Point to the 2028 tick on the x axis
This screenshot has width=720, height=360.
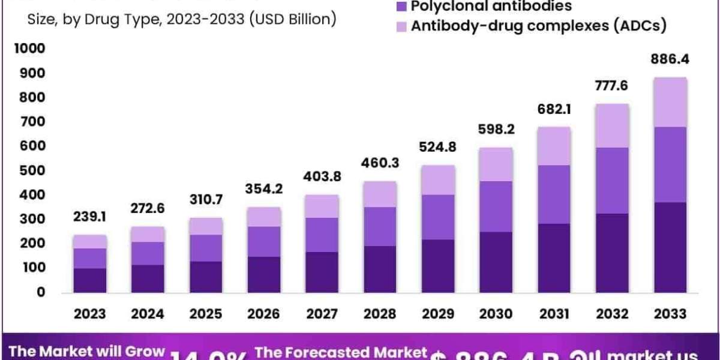tap(379, 314)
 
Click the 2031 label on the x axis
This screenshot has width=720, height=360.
tap(553, 314)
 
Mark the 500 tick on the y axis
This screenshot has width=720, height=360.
tap(34, 170)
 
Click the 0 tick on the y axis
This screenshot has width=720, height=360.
tap(41, 292)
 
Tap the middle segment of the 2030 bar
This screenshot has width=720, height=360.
tap(495, 206)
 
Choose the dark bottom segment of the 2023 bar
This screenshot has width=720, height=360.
tap(90, 280)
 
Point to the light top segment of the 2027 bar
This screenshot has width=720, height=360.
tap(322, 206)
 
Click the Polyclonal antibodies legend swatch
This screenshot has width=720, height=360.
tap(401, 7)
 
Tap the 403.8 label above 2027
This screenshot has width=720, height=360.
tap(322, 178)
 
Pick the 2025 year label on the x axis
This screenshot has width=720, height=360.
tap(206, 314)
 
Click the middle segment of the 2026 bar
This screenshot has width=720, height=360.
tap(264, 241)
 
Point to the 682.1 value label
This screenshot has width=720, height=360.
tap(553, 111)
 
